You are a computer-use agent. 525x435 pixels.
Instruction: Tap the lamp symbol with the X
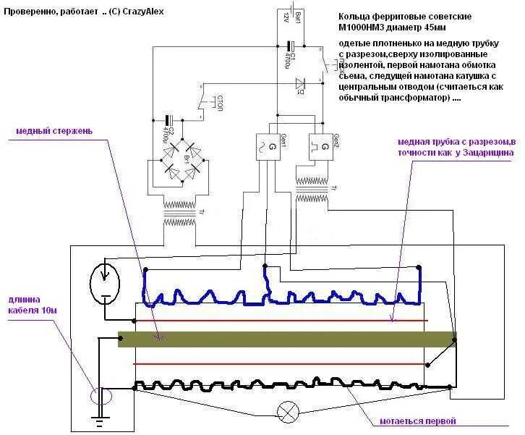[289, 413]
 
